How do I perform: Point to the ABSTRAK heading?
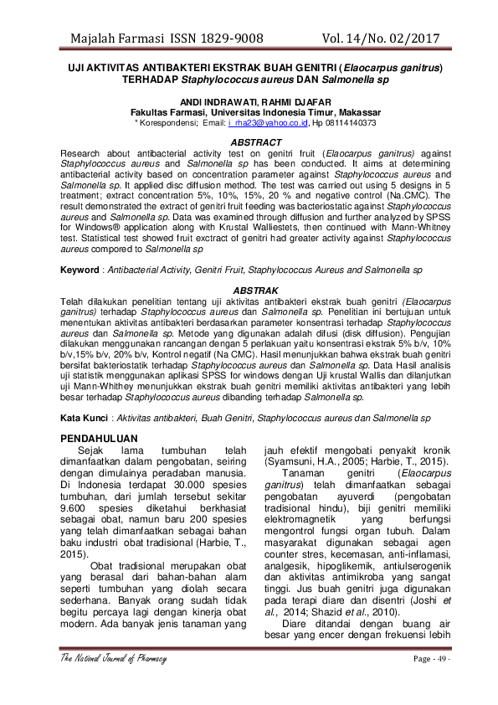click(x=255, y=290)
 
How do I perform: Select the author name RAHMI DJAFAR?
click(x=291, y=101)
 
